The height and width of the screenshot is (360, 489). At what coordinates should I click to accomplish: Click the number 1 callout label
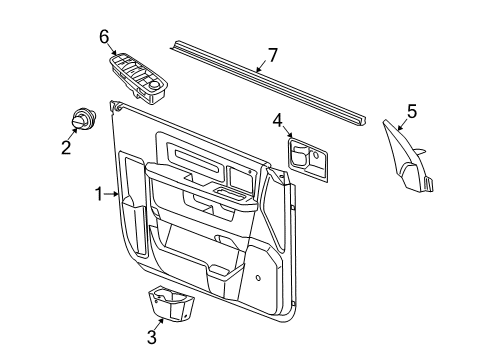pos(99,194)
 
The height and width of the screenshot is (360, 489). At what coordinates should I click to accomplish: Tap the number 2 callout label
pos(66,149)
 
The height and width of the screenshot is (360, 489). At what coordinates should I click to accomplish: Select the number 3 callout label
pos(151,338)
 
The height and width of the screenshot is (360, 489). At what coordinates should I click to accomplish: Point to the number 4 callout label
pos(277,120)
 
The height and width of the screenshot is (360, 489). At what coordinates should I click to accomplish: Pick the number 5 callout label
pos(411,112)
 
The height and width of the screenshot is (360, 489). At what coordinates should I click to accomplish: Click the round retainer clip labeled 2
pos(79,120)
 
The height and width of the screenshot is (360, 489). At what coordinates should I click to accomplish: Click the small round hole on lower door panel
pos(259,278)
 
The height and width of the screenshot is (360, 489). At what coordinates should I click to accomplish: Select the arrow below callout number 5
pos(403,125)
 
